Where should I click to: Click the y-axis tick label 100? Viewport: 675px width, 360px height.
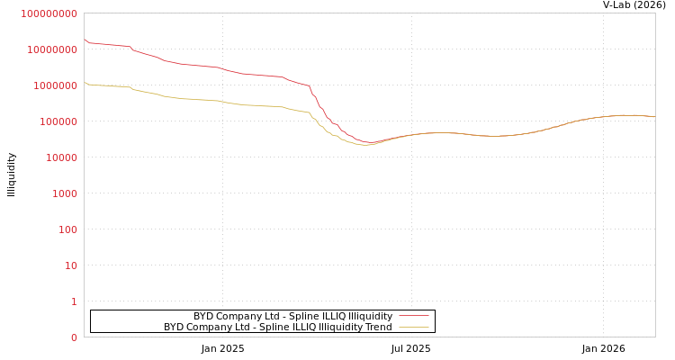(x=68, y=229)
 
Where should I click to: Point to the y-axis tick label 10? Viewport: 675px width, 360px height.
(x=71, y=265)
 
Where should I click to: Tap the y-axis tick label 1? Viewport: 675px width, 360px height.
(x=74, y=301)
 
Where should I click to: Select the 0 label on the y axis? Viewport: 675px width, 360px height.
(x=74, y=337)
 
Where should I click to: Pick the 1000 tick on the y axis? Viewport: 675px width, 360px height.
(x=66, y=193)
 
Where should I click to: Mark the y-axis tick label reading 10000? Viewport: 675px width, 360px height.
(x=63, y=157)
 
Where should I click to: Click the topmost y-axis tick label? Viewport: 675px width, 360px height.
(x=49, y=13)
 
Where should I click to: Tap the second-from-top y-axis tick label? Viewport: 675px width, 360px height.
(x=52, y=49)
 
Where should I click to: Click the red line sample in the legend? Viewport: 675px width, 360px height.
(x=413, y=316)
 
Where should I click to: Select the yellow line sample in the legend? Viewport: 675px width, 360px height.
(x=413, y=328)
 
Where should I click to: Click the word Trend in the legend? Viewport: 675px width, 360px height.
(x=378, y=328)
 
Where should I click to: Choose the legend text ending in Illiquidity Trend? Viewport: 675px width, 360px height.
(x=277, y=328)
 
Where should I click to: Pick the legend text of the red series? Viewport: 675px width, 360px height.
(x=292, y=316)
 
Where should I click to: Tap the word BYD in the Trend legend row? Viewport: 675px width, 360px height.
(x=174, y=328)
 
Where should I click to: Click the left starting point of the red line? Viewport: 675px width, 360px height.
(x=85, y=40)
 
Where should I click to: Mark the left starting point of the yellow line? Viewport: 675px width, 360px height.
(x=85, y=83)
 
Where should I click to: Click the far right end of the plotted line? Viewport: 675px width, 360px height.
(x=654, y=117)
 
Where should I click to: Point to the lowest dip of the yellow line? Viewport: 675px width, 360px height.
(x=364, y=144)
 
